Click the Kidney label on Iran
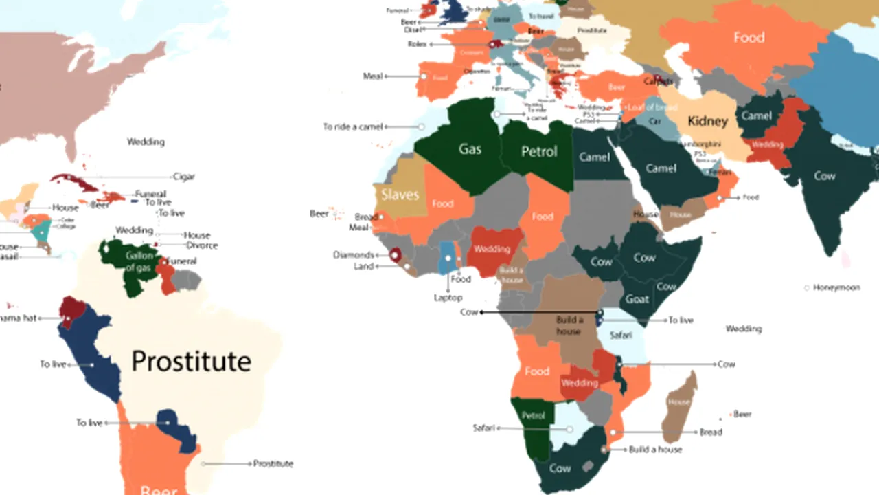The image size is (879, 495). [x=707, y=122]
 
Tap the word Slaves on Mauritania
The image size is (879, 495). [x=400, y=194]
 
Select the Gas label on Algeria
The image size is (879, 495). [x=470, y=148]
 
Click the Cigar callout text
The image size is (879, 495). [x=183, y=177]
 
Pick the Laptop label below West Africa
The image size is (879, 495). [x=448, y=298]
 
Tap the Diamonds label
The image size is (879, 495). [x=354, y=255]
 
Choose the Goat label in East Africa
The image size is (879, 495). [x=637, y=299]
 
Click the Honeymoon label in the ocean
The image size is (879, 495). [x=836, y=287]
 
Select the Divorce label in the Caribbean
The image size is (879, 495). [x=202, y=245]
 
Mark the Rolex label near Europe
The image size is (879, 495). [x=417, y=44]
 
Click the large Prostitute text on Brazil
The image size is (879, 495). [x=191, y=361]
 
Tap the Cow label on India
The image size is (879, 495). [x=824, y=176]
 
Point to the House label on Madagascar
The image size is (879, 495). [x=678, y=401]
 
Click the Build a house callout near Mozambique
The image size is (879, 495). [x=655, y=450]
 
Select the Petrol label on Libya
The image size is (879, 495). [x=539, y=151]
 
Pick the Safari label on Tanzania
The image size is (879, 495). [x=620, y=335]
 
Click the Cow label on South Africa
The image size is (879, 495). [x=560, y=468]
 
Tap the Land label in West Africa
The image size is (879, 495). [x=363, y=267]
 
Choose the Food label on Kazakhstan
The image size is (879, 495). [x=749, y=38]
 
